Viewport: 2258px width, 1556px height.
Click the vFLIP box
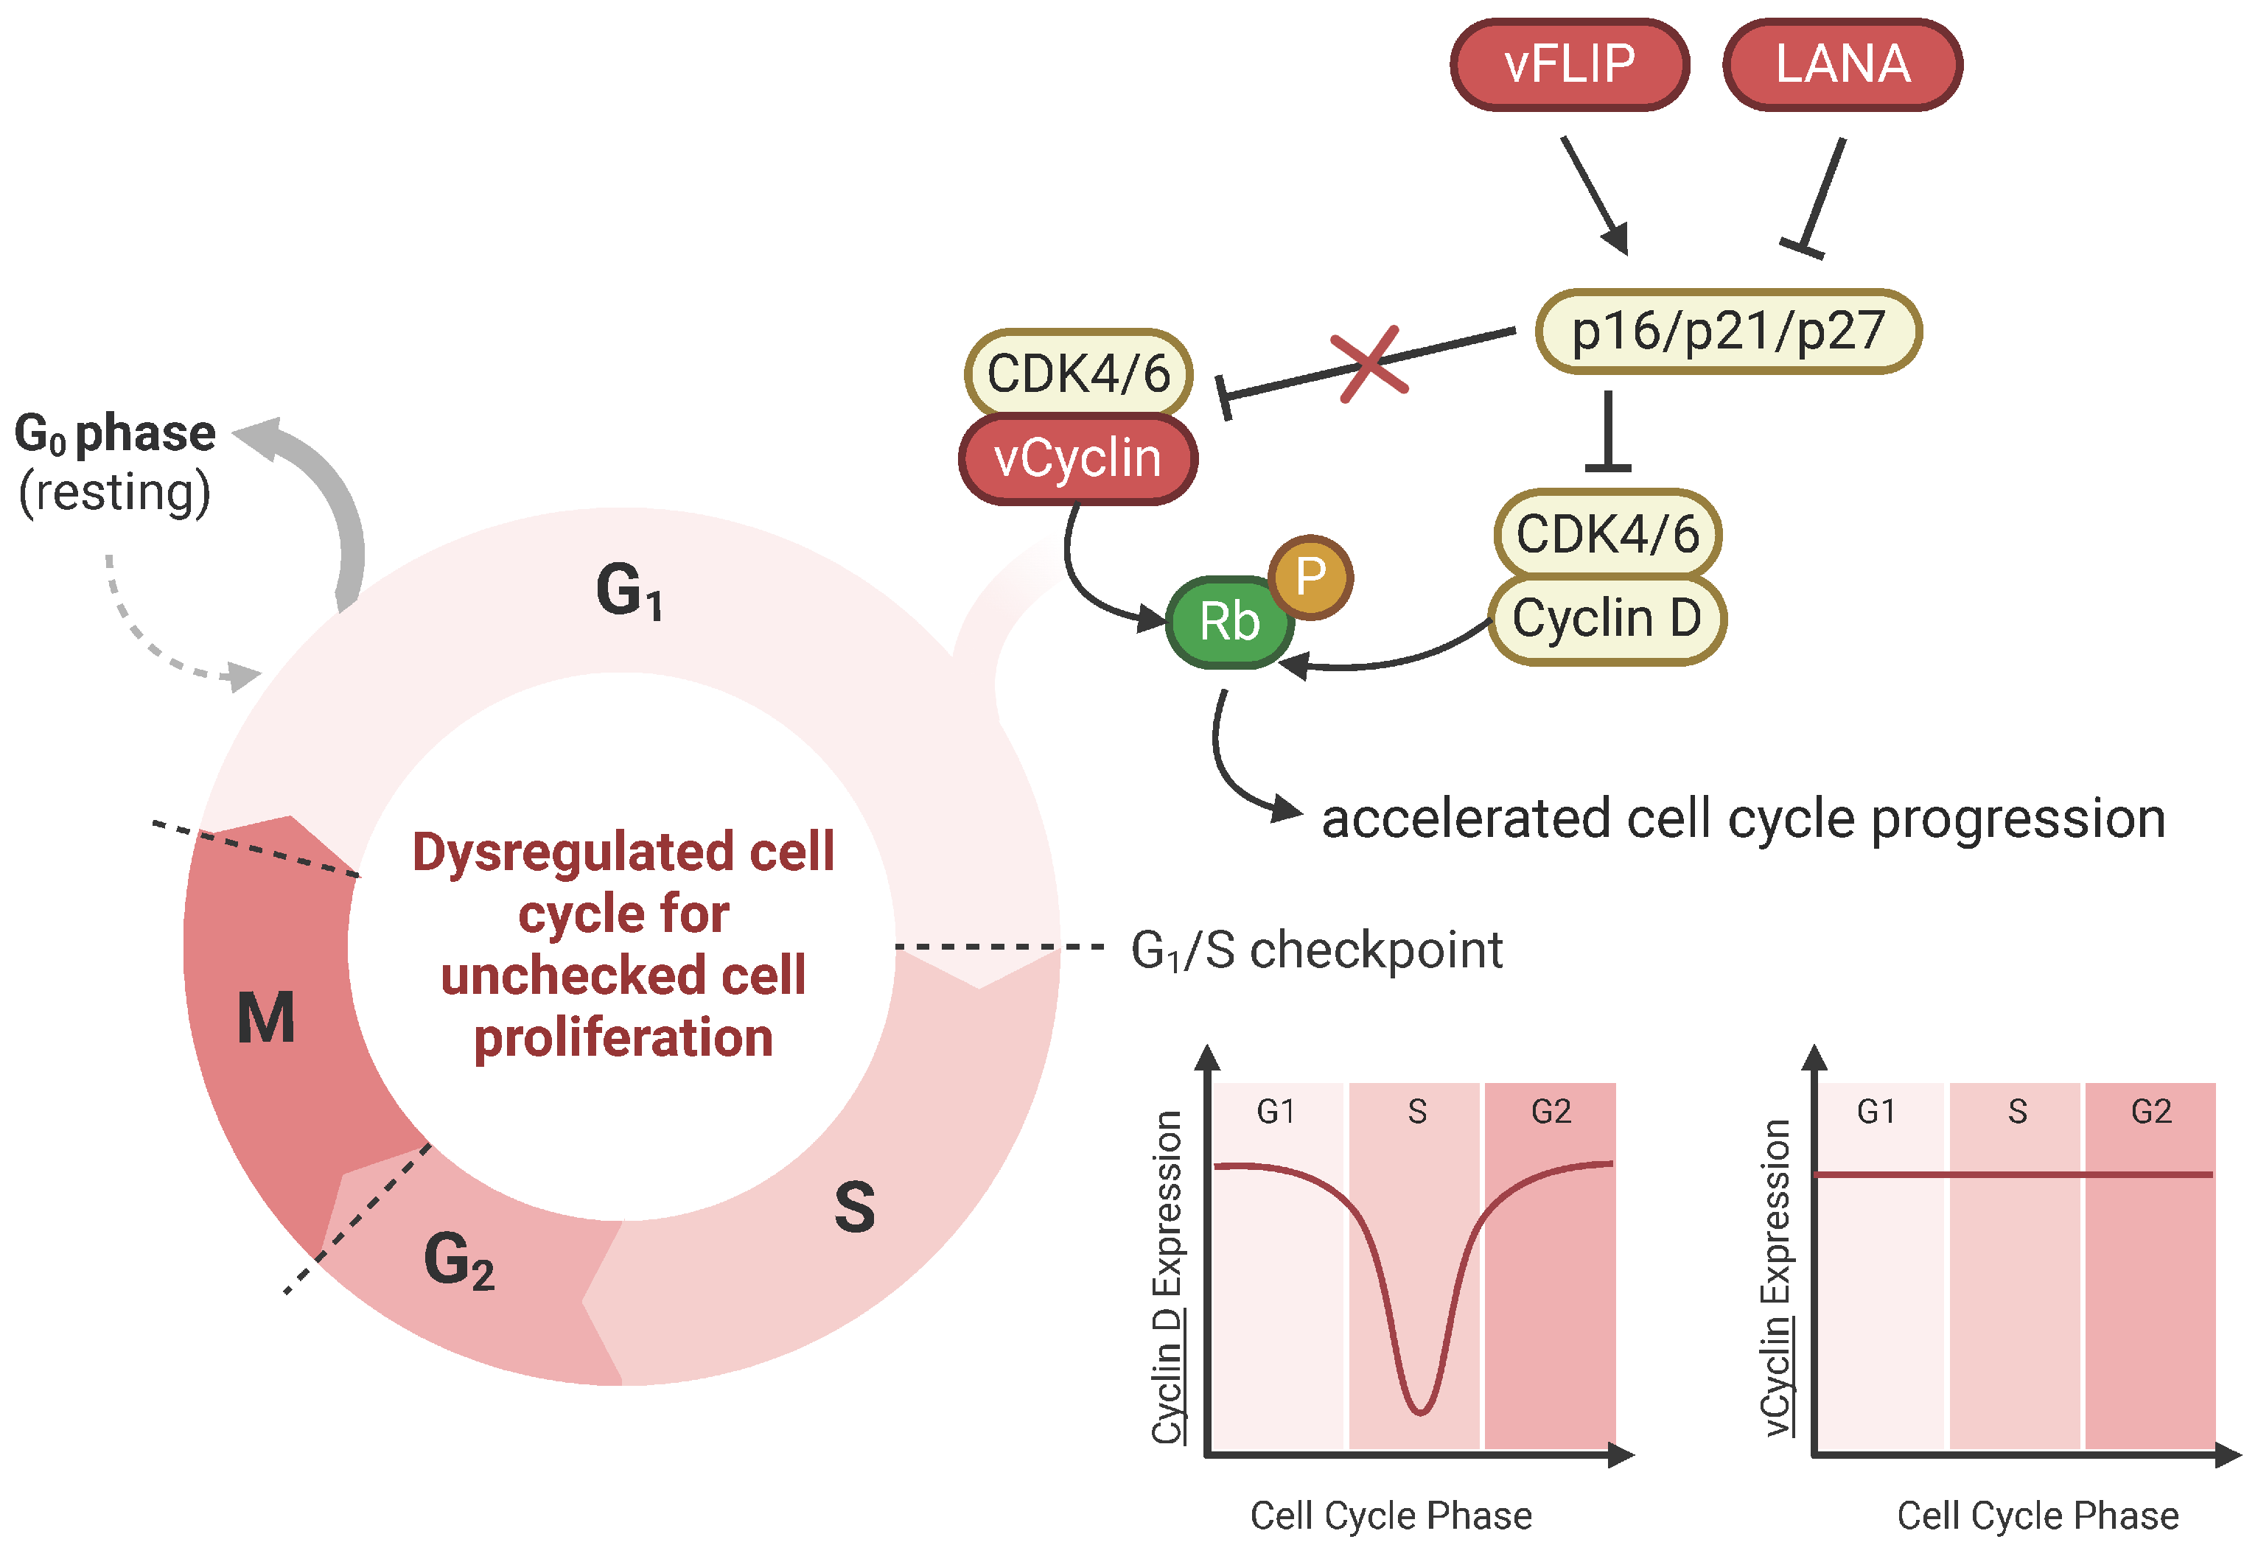click(1569, 64)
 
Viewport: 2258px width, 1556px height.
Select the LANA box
click(1842, 64)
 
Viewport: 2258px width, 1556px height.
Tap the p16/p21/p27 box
click(1727, 332)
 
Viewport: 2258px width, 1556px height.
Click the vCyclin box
click(1077, 458)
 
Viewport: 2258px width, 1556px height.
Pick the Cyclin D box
click(1607, 619)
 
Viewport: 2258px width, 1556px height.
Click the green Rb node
click(1228, 622)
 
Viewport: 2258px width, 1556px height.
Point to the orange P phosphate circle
click(1310, 577)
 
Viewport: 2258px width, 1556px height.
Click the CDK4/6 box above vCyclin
click(1078, 374)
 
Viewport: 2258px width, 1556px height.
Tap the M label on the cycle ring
click(265, 1018)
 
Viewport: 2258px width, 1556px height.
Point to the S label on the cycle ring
click(854, 1207)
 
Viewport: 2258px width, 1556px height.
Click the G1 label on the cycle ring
click(629, 591)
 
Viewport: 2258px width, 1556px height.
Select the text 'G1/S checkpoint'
click(1316, 950)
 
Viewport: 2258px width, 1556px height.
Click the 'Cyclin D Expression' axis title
click(1168, 1278)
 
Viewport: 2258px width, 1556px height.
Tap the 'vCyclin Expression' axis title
click(1776, 1278)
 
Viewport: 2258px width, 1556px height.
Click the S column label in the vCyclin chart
click(2017, 1112)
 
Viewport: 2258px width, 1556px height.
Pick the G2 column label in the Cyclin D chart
click(1551, 1112)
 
